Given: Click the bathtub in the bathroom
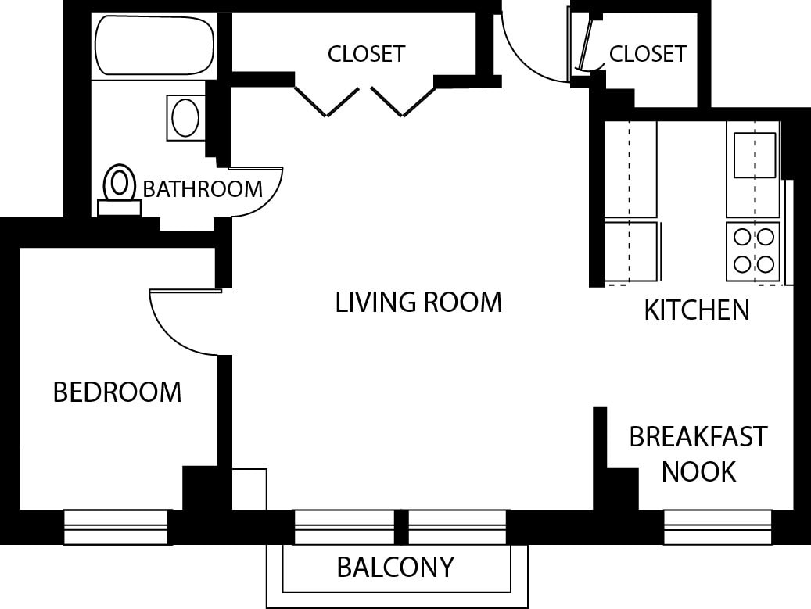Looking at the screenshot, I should [x=154, y=45].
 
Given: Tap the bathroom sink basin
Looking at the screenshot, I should [x=185, y=118].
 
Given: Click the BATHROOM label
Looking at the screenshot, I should [x=203, y=189].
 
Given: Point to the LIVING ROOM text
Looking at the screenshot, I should [x=418, y=302].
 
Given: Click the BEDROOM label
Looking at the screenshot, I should [x=117, y=392].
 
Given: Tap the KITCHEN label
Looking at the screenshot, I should [x=696, y=310].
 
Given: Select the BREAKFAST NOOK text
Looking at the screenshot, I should [x=698, y=453].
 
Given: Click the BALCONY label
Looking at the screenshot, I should [x=395, y=567].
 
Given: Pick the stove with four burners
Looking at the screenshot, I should [x=753, y=251].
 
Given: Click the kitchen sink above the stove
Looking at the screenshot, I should [x=754, y=154].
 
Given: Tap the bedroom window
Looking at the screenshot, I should [x=117, y=526].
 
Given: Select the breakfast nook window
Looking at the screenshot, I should [x=717, y=526].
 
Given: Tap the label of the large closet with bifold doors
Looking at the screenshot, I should [x=366, y=54].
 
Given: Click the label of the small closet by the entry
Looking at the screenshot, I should [x=648, y=54].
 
